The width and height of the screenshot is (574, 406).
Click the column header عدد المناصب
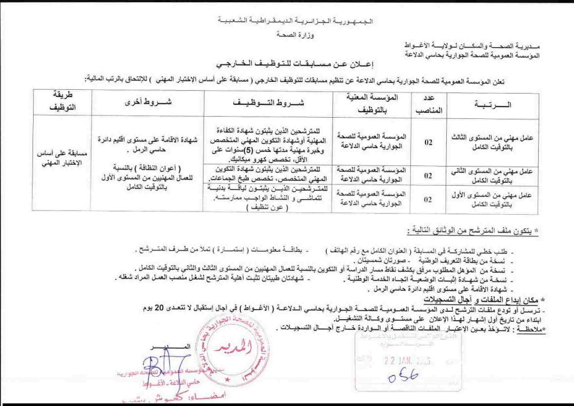[x=428, y=104]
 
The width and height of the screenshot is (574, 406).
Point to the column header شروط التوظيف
[x=267, y=104]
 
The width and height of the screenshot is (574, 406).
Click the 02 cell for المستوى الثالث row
[x=428, y=142]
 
